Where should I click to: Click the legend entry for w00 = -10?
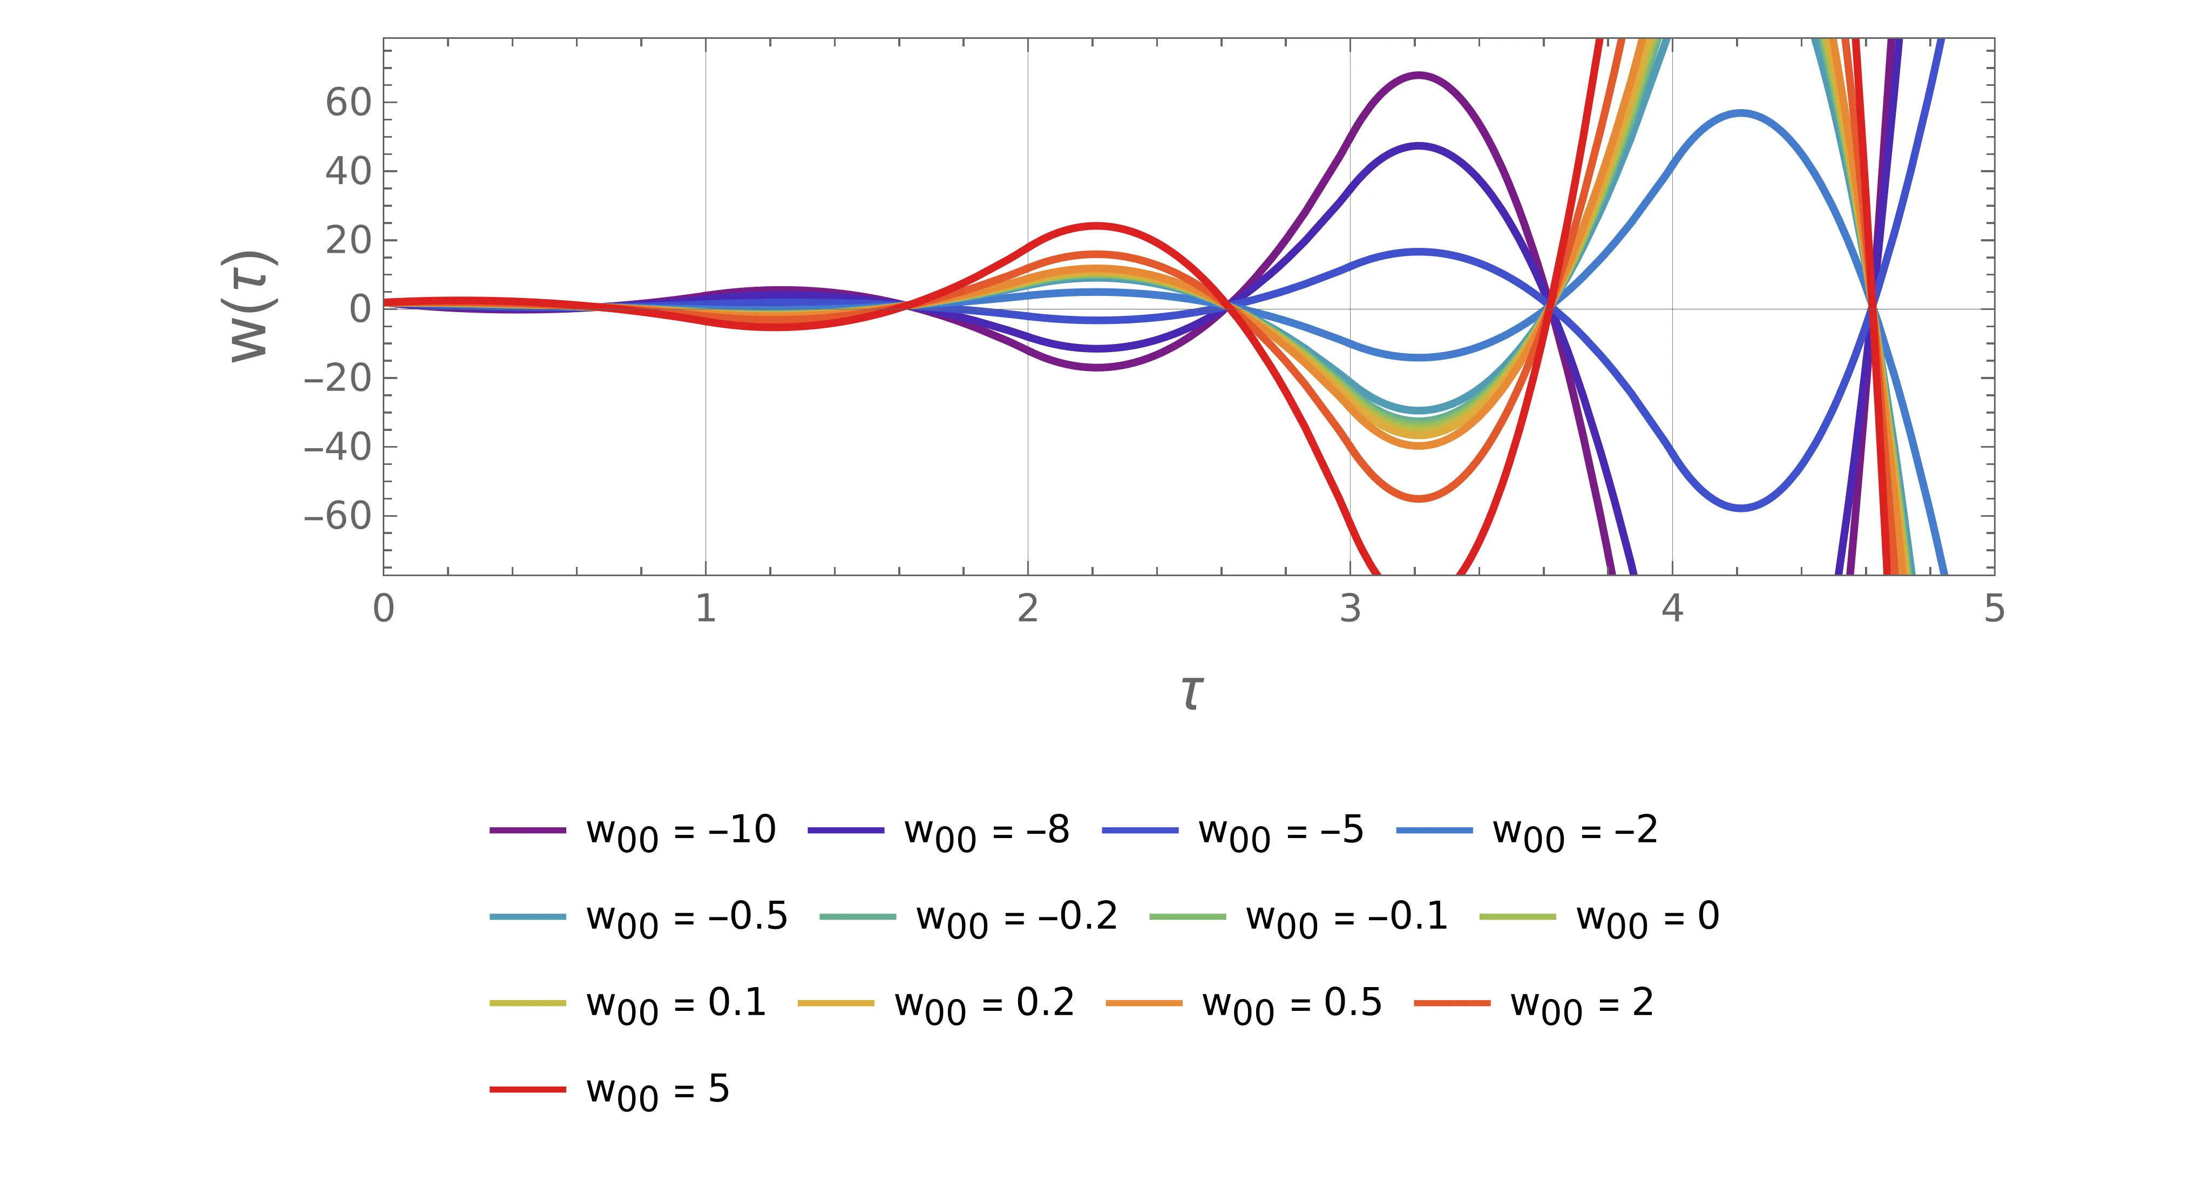633,831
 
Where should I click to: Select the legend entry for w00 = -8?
940,831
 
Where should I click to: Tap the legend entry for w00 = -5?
1233,831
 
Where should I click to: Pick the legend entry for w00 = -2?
1528,831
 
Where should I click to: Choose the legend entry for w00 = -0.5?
640,917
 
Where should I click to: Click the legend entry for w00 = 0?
1600,917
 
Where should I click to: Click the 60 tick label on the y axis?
349,103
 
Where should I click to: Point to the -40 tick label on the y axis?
337,447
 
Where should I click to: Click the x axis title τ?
1190,692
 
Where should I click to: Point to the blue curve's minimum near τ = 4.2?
1741,508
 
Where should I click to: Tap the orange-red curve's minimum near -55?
1419,498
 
